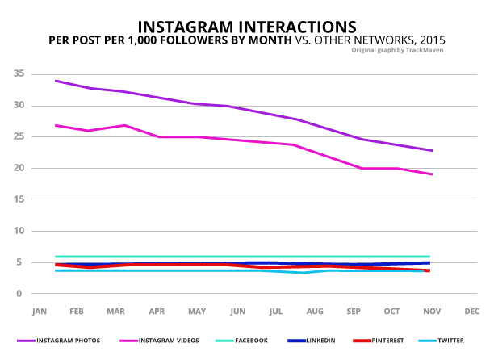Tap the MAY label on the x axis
point(197,311)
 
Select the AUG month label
point(316,311)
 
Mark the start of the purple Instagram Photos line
point(54,81)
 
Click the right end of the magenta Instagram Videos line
point(432,174)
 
